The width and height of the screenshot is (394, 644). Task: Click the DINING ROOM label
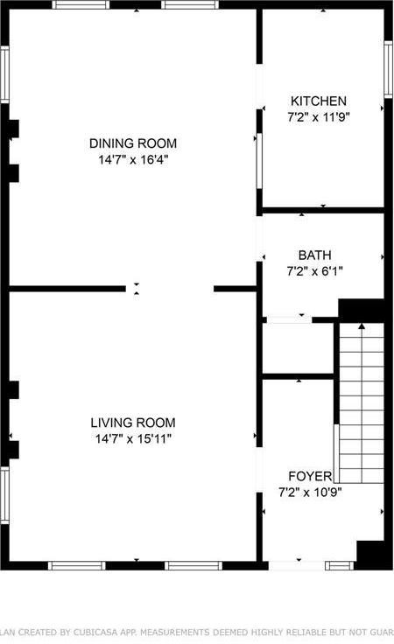[133, 143]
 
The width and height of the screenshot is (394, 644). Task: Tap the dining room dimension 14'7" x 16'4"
[133, 160]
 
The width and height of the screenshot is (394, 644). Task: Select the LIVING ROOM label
[133, 422]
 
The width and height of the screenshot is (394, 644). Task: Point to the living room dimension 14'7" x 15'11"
[133, 437]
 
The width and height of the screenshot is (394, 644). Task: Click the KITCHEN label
[319, 101]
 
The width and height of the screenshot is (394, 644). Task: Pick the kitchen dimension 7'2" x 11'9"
[319, 116]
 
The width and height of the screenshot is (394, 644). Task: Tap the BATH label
[314, 255]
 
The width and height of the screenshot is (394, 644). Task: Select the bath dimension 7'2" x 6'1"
[314, 271]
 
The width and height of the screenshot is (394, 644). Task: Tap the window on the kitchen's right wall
[388, 70]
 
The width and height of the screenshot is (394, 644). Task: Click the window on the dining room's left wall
[4, 75]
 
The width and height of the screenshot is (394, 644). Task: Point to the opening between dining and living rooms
[170, 288]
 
